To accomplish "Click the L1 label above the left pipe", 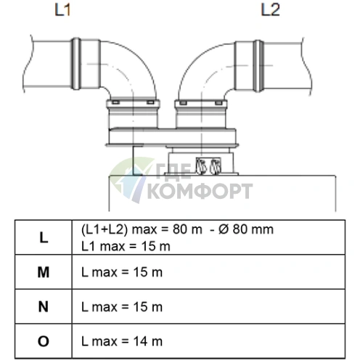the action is click(62, 10).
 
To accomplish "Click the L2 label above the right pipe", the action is click(271, 10).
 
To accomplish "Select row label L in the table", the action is click(44, 237).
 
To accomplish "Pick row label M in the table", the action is click(44, 272).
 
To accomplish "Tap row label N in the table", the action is click(44, 306).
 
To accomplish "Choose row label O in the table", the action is click(44, 341).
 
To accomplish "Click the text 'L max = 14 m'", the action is click(122, 341).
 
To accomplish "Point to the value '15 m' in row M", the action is click(148, 272).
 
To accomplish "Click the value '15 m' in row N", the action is click(148, 307).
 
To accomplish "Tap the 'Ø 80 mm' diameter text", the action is click(246, 229).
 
